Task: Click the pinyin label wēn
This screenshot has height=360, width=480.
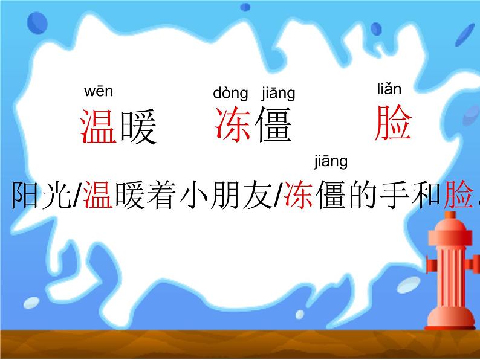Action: click(98, 92)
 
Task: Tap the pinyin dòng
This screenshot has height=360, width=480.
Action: click(230, 94)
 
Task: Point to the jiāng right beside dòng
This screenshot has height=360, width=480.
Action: click(278, 94)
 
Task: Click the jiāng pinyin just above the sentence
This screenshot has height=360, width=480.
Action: click(331, 161)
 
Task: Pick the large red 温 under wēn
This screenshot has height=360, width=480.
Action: click(98, 126)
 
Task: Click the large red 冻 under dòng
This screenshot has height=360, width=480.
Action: click(233, 125)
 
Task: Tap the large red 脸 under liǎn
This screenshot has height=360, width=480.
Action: click(393, 123)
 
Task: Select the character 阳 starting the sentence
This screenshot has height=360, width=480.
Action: click(25, 194)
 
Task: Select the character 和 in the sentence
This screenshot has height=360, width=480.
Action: click(425, 194)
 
